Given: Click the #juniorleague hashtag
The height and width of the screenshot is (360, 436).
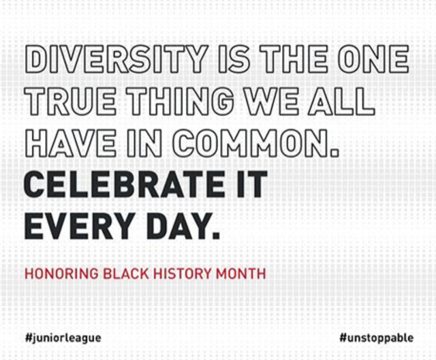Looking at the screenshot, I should (x=63, y=337).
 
